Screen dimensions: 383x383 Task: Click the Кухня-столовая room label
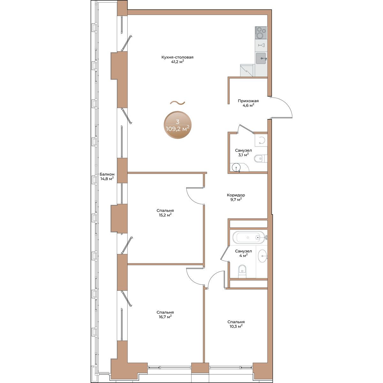(x=177, y=57)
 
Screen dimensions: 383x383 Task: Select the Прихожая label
(x=248, y=101)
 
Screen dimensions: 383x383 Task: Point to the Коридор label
(x=236, y=195)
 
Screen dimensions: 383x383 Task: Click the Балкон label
(x=107, y=174)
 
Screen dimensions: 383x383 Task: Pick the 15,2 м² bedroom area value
(x=165, y=215)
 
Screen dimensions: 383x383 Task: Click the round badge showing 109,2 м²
(x=177, y=125)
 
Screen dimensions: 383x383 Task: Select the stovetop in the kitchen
(x=261, y=33)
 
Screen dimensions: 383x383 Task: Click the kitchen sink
(x=261, y=58)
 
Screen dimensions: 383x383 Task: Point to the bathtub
(x=249, y=237)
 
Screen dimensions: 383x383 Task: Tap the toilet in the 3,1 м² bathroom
(x=260, y=159)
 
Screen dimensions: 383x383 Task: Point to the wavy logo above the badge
(x=177, y=103)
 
